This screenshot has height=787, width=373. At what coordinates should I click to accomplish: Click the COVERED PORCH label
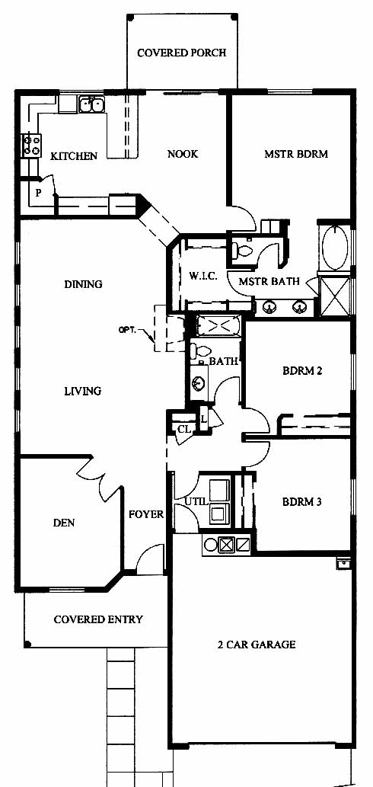(181, 53)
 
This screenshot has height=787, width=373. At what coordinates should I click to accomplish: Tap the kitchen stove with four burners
(31, 146)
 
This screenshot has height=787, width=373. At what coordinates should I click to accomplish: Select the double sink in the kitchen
(91, 104)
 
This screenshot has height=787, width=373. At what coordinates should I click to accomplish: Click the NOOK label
(183, 154)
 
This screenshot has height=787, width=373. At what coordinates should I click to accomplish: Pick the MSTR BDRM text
(296, 154)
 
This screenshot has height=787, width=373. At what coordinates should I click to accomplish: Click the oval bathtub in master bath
(335, 248)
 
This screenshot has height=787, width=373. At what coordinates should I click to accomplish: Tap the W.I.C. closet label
(203, 276)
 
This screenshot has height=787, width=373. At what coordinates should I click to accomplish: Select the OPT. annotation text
(127, 330)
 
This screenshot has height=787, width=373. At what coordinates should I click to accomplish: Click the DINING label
(83, 284)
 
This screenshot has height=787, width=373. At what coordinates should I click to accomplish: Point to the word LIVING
(83, 391)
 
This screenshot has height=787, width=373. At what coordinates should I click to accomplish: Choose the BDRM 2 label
(301, 372)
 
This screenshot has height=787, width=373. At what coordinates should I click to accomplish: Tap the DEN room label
(64, 523)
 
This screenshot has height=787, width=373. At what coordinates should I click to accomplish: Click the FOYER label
(146, 514)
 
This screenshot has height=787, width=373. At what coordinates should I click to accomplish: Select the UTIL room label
(195, 501)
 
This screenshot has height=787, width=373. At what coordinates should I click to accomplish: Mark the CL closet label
(184, 429)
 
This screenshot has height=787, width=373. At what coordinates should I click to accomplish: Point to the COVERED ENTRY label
(98, 619)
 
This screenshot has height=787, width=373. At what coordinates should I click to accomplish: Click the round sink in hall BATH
(199, 383)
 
